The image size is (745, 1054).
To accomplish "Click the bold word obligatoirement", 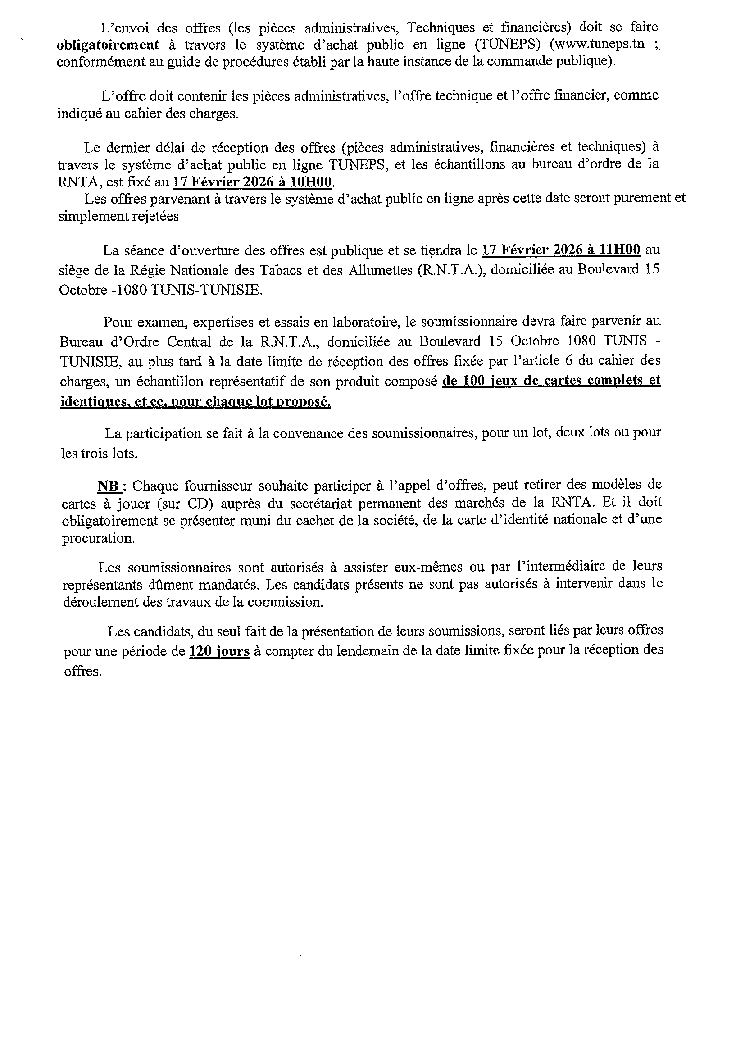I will coord(108,45).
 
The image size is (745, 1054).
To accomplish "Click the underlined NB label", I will coord(107,486).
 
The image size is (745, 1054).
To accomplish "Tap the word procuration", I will coord(98,538).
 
